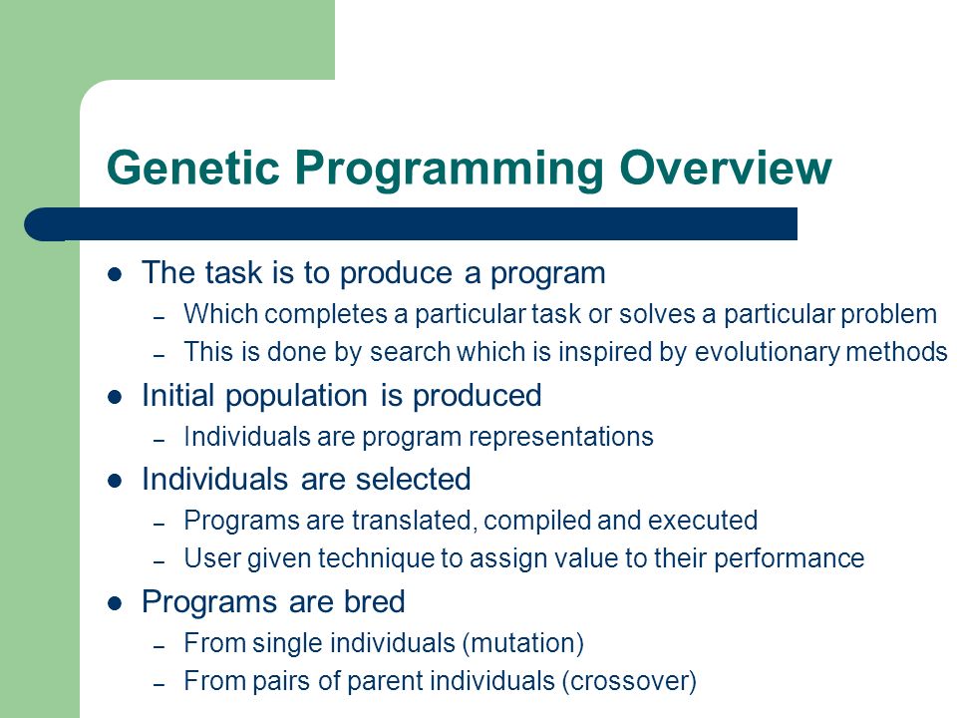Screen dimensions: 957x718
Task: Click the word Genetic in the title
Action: coord(192,167)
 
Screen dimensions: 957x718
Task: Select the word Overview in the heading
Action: coord(725,167)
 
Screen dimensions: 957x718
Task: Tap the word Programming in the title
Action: coord(450,170)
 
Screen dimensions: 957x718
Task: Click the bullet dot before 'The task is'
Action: coord(115,274)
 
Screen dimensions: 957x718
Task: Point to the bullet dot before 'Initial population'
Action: coord(115,398)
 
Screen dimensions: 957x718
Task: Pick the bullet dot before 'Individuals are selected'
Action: coord(115,481)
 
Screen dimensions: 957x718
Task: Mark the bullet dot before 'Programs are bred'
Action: coord(115,604)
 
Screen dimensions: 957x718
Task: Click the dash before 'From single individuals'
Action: coord(159,646)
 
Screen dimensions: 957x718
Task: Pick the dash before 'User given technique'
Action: coord(159,561)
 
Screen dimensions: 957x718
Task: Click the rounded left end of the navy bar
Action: coord(28,224)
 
